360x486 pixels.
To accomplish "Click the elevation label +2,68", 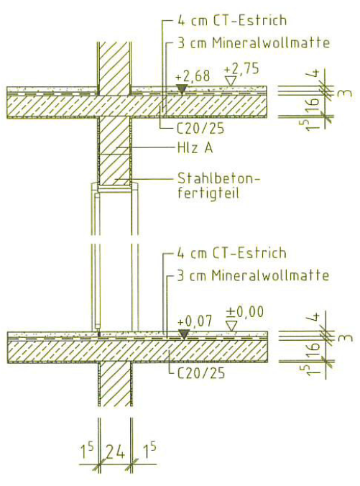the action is click(x=193, y=76).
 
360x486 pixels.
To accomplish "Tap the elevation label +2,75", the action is click(x=241, y=69).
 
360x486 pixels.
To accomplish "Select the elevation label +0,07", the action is click(x=195, y=321).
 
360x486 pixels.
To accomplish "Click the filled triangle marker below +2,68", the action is click(x=181, y=89).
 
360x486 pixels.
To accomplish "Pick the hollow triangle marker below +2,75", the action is click(x=230, y=81).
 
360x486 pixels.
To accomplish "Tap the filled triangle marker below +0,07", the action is click(x=184, y=334).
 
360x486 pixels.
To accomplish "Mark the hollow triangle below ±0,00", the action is click(x=231, y=326).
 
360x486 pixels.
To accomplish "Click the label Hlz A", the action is click(x=195, y=148).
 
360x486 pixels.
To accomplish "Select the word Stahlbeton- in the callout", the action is click(x=219, y=178).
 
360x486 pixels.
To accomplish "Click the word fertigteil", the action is click(x=208, y=193).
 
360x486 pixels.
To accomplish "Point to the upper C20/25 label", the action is click(x=200, y=129).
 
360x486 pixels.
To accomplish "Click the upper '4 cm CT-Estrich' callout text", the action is click(x=232, y=21).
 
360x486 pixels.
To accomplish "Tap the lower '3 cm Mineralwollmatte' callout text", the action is click(x=253, y=275).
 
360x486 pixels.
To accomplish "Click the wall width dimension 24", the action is click(x=115, y=452).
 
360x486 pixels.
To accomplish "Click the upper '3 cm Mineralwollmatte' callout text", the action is click(x=254, y=43).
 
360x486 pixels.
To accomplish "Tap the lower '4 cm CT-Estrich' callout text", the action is click(x=232, y=253).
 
